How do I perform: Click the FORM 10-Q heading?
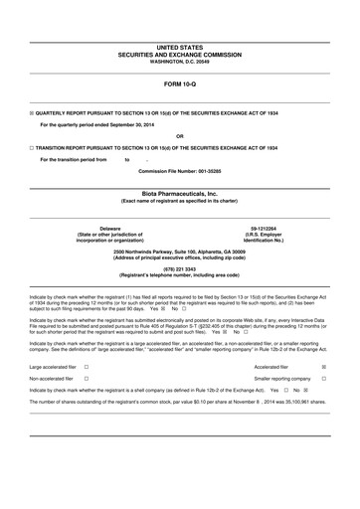click(x=179, y=84)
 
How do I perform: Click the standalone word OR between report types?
click(x=179, y=136)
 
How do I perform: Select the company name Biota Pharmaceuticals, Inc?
click(x=179, y=194)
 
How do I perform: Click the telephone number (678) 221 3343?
click(x=179, y=267)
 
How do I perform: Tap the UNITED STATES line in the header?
click(x=179, y=48)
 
